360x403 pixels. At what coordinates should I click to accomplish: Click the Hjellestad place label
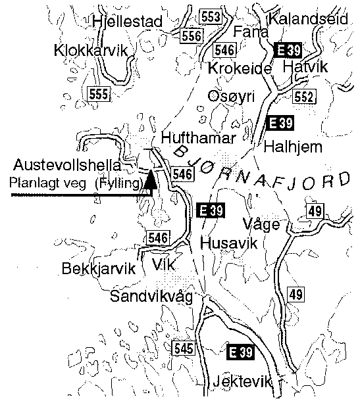pos(128,22)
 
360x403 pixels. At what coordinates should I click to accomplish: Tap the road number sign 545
pos(182,348)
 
